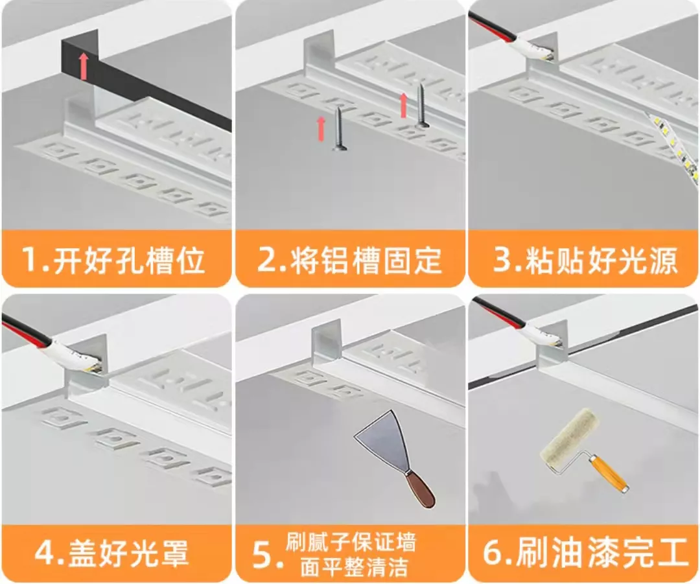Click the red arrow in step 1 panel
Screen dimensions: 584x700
pos(83,66)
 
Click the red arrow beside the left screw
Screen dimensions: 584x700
pos(321,128)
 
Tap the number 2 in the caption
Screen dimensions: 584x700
pos(268,260)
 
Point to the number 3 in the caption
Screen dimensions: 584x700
pos(504,260)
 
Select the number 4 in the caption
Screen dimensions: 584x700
pos(45,554)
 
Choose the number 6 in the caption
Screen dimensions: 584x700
pos(495,554)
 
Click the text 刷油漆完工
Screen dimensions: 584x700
pos(600,554)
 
